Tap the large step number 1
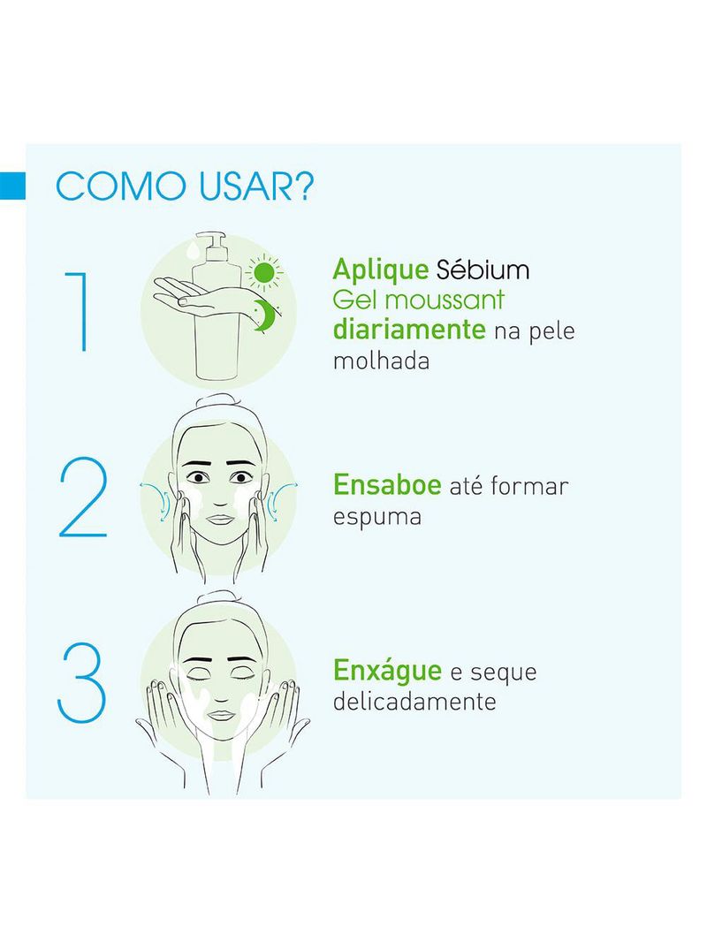[80, 313]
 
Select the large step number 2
[83, 499]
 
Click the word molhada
[381, 361]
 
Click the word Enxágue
[387, 671]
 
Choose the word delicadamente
[414, 703]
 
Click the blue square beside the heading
[12, 186]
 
